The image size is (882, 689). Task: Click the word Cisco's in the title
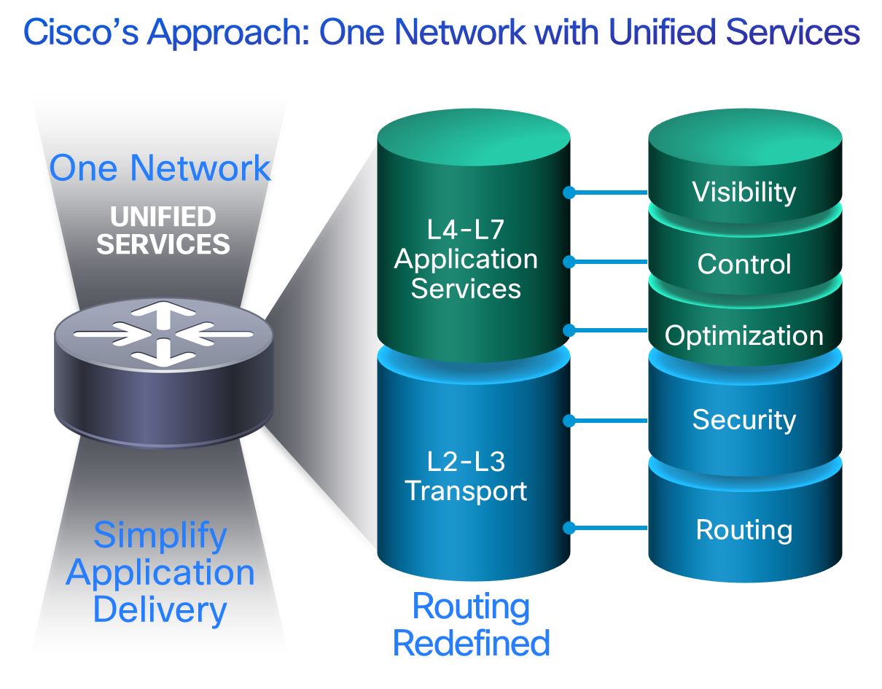pyautogui.click(x=81, y=32)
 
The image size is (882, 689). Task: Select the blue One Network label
pyautogui.click(x=160, y=168)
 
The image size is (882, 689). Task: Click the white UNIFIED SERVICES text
pyautogui.click(x=163, y=230)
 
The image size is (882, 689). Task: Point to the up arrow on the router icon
pyautogui.click(x=163, y=315)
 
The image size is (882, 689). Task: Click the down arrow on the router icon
pyautogui.click(x=163, y=353)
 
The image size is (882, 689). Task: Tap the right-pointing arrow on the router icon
pyautogui.click(x=112, y=335)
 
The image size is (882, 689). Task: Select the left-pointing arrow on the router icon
pyautogui.click(x=214, y=335)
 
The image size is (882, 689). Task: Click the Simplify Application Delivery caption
pyautogui.click(x=160, y=573)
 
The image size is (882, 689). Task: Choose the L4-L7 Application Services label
pyautogui.click(x=466, y=259)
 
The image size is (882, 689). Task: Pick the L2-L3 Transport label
pyautogui.click(x=466, y=476)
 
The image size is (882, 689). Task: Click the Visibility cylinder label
pyautogui.click(x=744, y=192)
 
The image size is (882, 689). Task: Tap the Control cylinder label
pyautogui.click(x=744, y=264)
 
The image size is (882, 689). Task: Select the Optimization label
pyautogui.click(x=744, y=336)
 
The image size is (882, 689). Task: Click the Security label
pyautogui.click(x=744, y=420)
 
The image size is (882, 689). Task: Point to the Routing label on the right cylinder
pyautogui.click(x=744, y=530)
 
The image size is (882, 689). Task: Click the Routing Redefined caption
pyautogui.click(x=471, y=625)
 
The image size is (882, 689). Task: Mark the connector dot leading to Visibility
pyautogui.click(x=569, y=192)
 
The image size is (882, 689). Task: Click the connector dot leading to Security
pyautogui.click(x=569, y=421)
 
